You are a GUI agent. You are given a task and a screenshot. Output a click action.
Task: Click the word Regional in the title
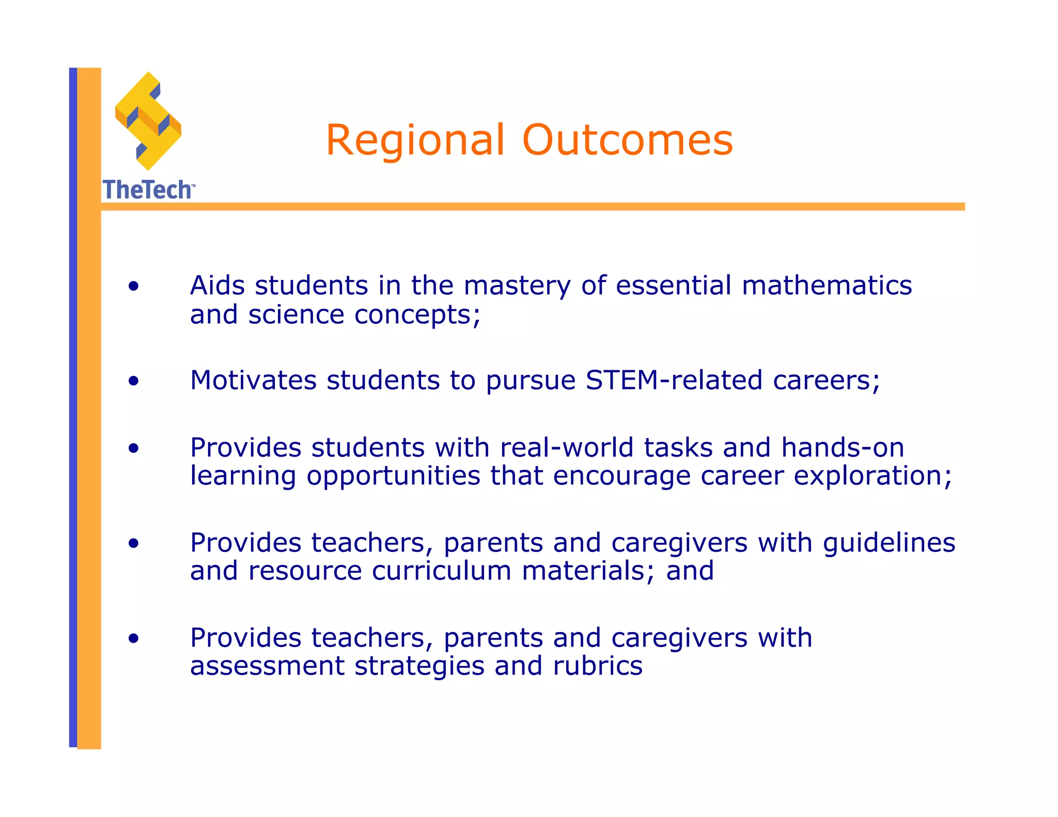pos(415,140)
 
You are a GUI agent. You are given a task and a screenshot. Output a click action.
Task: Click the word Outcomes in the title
pos(627,140)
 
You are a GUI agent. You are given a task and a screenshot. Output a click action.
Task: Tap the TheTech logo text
pos(148,190)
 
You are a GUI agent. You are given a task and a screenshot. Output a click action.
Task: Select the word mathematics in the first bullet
pos(827,286)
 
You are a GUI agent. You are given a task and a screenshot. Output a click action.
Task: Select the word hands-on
pos(842,448)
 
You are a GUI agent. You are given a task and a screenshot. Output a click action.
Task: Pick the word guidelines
pos(889,543)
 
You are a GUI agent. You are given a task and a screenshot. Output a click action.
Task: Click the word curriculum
pos(441,571)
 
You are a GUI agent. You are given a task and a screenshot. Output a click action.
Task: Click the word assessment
pos(267,666)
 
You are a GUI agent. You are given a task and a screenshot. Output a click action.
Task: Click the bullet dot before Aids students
pos(134,286)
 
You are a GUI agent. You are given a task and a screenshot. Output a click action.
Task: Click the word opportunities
pos(393,476)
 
